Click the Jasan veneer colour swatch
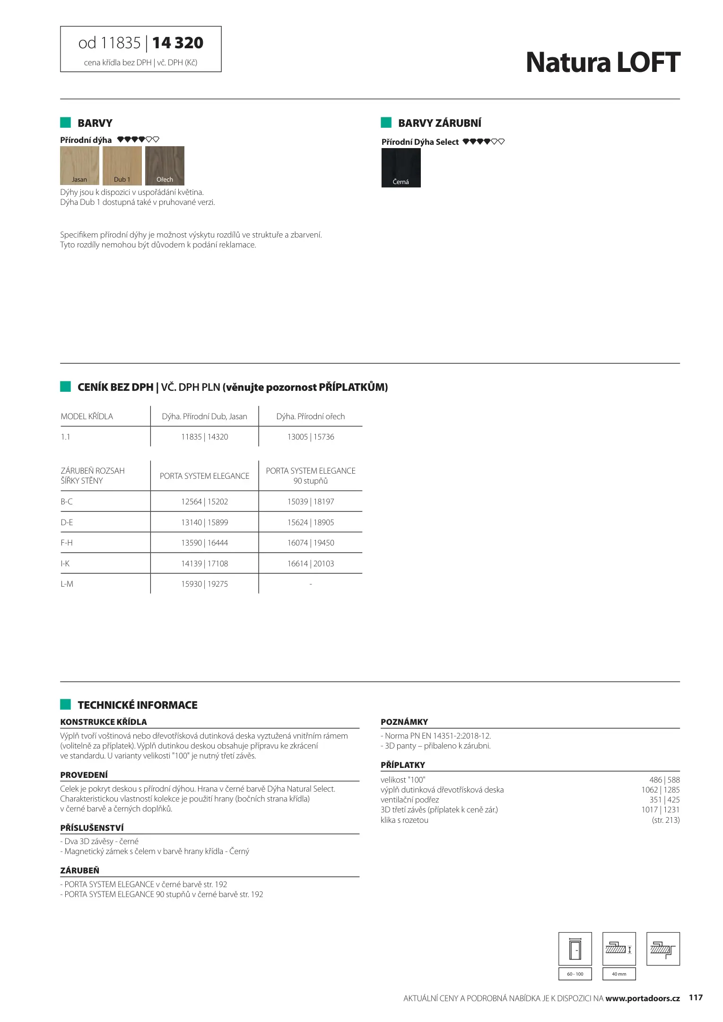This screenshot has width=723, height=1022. [x=79, y=165]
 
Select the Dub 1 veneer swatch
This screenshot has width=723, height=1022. [x=122, y=165]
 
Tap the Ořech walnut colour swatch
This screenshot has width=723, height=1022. [x=165, y=165]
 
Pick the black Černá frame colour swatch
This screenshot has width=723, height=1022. [x=401, y=167]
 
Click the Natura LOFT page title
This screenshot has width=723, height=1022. [x=602, y=62]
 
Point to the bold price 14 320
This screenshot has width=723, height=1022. [x=178, y=43]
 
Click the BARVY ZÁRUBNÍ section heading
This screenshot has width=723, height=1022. [x=439, y=123]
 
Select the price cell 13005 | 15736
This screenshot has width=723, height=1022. [x=311, y=437]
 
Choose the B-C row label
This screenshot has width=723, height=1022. [x=67, y=502]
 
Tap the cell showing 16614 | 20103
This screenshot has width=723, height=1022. [x=311, y=564]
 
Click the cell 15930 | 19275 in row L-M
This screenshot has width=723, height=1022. [x=204, y=584]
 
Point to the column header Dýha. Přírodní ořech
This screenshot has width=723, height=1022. [x=311, y=416]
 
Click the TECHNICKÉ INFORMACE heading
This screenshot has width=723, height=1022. [x=137, y=705]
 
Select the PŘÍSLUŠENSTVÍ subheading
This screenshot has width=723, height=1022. [x=92, y=828]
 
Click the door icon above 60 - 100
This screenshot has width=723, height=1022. [x=575, y=949]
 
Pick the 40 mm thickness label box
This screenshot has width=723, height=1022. [x=619, y=974]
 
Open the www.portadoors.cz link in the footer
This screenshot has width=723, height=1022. [x=643, y=998]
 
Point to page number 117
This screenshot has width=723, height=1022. [x=696, y=998]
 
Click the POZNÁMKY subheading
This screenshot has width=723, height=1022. [x=404, y=722]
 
